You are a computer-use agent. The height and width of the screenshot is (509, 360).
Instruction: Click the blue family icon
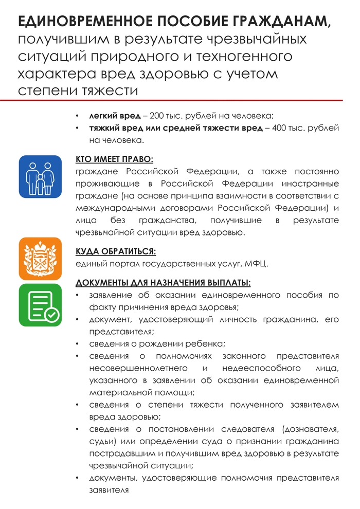(40, 176)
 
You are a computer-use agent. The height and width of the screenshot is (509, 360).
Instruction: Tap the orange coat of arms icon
(40, 259)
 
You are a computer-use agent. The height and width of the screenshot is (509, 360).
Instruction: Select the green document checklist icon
(40, 305)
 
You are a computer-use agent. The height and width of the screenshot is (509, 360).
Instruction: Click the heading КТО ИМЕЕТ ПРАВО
(114, 159)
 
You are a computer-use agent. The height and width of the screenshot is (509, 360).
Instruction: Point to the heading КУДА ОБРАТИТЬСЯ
(116, 251)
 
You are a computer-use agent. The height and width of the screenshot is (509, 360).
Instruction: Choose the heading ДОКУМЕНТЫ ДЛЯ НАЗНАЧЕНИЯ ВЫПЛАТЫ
(163, 283)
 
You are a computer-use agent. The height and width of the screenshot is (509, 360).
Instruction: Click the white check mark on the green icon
(51, 315)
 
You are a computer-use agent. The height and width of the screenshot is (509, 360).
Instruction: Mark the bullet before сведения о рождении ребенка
(77, 344)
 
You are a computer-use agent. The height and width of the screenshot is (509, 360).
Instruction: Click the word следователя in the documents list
(247, 429)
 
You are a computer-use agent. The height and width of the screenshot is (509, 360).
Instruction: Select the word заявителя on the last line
(108, 490)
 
